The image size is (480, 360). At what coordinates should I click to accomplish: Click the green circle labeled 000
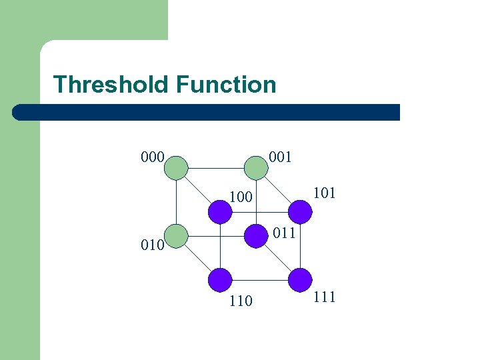(x=176, y=167)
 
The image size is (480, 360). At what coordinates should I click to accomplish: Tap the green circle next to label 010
(x=176, y=235)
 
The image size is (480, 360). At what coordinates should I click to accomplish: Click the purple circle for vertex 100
(x=220, y=212)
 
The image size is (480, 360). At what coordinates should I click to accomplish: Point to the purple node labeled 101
(x=300, y=212)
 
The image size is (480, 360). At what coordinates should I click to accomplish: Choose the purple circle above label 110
(x=220, y=279)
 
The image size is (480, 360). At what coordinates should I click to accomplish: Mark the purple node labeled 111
(x=300, y=279)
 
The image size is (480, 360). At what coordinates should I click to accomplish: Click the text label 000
(x=153, y=157)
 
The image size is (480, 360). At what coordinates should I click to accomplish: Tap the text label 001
(x=280, y=157)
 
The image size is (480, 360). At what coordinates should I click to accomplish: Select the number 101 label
(x=324, y=193)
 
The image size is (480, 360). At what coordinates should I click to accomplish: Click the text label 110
(x=240, y=301)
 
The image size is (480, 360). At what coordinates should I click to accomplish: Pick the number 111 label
(x=324, y=297)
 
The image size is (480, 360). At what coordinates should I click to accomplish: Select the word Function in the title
(x=226, y=85)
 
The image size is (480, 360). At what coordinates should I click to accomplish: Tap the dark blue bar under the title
(x=207, y=112)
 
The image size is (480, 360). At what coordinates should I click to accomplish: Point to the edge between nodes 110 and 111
(x=260, y=280)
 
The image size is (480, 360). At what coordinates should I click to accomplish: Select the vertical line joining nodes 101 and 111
(x=301, y=245)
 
